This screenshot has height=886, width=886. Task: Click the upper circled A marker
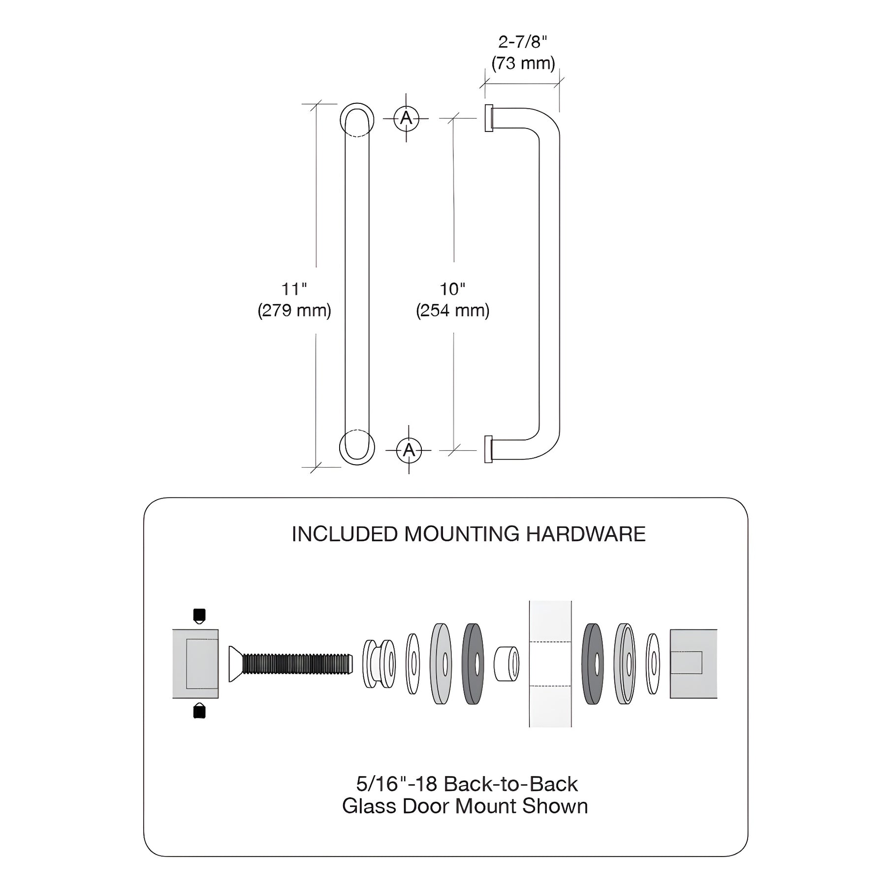pyautogui.click(x=406, y=118)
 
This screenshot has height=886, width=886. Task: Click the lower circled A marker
pyautogui.click(x=409, y=450)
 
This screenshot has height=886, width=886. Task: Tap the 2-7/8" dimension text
pyautogui.click(x=523, y=42)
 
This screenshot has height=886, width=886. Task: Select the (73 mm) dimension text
pyautogui.click(x=523, y=63)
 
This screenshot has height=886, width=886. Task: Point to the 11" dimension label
pyautogui.click(x=294, y=289)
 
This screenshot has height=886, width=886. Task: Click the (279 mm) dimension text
pyautogui.click(x=294, y=311)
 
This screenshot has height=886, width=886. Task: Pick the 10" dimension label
pyautogui.click(x=452, y=289)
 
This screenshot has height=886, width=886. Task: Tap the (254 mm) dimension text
pyautogui.click(x=453, y=311)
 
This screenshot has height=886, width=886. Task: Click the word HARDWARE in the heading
pyautogui.click(x=586, y=534)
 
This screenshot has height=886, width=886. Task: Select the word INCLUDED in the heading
pyautogui.click(x=345, y=534)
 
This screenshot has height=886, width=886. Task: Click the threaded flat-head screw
pyautogui.click(x=291, y=664)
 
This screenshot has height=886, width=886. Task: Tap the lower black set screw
pyautogui.click(x=199, y=711)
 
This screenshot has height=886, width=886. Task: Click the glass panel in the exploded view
pyautogui.click(x=550, y=664)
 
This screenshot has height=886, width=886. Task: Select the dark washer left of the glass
pyautogui.click(x=473, y=664)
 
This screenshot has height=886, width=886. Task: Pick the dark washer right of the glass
pyautogui.click(x=593, y=664)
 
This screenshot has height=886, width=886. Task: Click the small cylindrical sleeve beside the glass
pyautogui.click(x=506, y=664)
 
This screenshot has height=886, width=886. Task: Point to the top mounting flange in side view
pyautogui.click(x=489, y=118)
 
